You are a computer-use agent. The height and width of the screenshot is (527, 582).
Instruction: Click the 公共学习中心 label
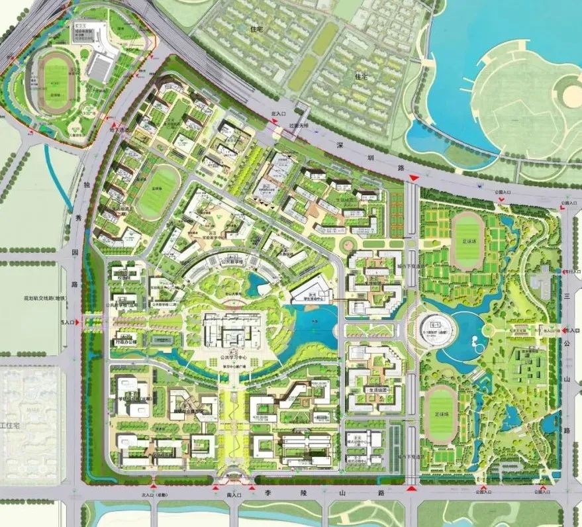coord(233,363)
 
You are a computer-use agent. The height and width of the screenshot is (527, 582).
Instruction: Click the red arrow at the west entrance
coord(79,322)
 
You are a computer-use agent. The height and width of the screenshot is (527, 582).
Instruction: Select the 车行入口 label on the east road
coord(567,271)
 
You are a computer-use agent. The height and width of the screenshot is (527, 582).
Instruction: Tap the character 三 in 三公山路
coord(568,298)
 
